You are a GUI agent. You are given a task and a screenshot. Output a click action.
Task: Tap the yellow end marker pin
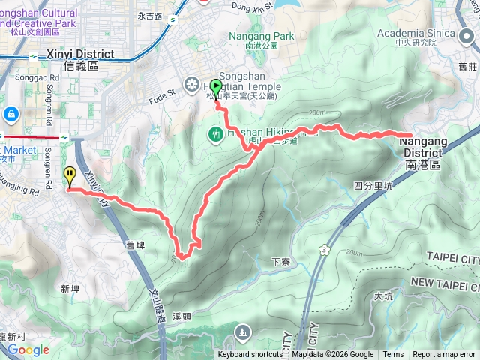point(70,176)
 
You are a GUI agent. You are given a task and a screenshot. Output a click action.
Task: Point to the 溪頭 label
point(182,316)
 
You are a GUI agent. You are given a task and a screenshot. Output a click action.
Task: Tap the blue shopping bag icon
point(11,114)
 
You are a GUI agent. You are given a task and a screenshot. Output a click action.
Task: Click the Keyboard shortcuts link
point(250,355)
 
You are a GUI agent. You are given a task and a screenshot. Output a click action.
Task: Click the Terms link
point(393,355)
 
